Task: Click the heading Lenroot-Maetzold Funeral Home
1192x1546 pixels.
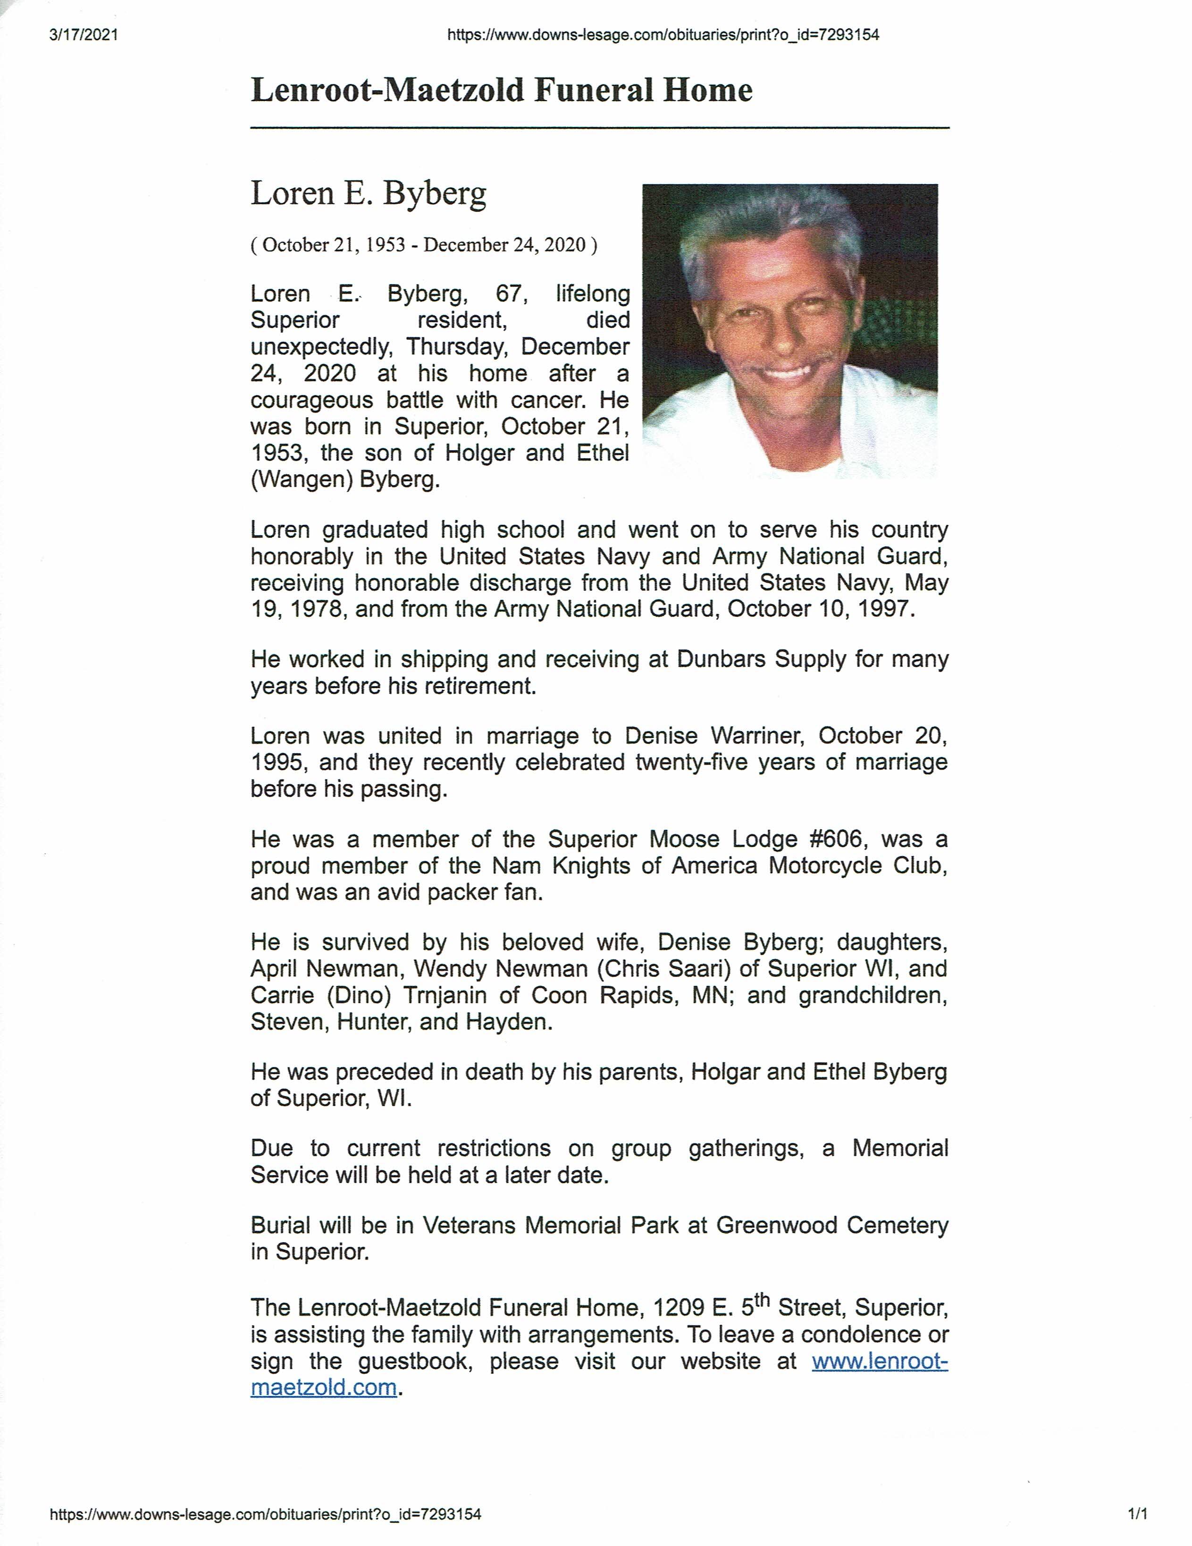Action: pyautogui.click(x=501, y=91)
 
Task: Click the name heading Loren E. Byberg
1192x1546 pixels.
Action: pyautogui.click(x=368, y=193)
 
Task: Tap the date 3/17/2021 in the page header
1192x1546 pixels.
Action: pyautogui.click(x=84, y=35)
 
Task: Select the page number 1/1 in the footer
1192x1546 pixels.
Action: pyautogui.click(x=1137, y=1514)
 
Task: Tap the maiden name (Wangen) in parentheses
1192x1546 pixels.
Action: pyautogui.click(x=302, y=480)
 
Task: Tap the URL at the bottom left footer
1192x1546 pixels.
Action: pyautogui.click(x=265, y=1514)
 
